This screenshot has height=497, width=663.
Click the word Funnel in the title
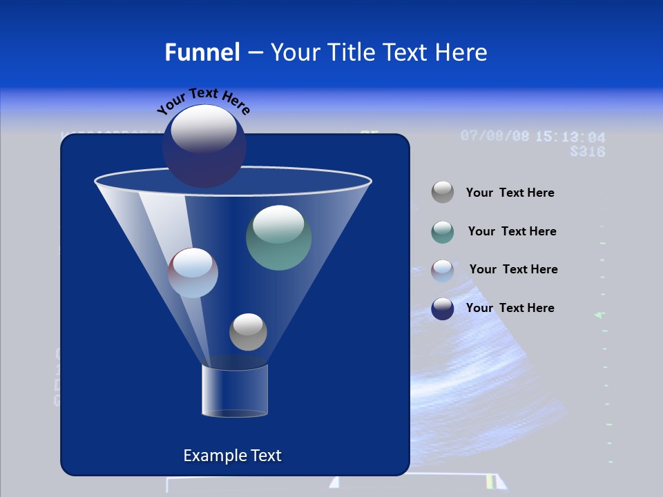202,52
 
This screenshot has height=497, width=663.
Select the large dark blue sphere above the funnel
204,146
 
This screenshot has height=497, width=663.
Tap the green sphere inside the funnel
278,237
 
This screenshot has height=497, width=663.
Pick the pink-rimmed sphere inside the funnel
193,273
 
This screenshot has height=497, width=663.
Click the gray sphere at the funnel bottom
248,331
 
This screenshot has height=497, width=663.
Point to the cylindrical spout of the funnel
234,391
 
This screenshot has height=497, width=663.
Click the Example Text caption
232,456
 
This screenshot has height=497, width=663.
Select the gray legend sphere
442,193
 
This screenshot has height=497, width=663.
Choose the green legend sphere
442,232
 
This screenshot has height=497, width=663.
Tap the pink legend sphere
442,270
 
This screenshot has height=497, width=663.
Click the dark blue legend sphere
442,309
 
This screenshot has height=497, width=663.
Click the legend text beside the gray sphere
510,193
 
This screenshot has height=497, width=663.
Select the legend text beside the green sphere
512,232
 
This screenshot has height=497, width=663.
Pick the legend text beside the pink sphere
513,270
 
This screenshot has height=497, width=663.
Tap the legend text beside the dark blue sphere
510,309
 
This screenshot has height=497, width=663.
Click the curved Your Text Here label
203,100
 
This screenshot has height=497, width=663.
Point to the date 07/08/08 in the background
495,135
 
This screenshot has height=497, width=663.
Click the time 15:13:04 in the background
570,137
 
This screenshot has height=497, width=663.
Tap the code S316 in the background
587,151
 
